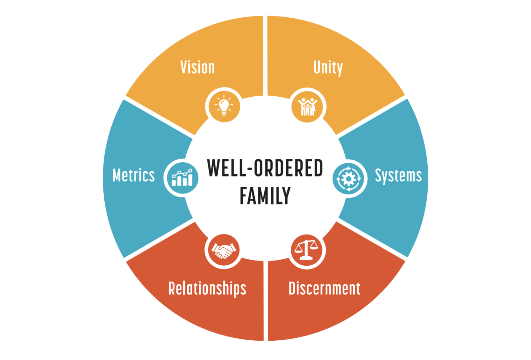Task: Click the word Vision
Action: tap(197, 67)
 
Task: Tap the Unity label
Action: tap(328, 67)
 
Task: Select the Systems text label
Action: tap(398, 176)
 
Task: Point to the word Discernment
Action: tap(324, 288)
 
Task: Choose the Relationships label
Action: tap(207, 288)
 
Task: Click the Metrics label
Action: tap(134, 176)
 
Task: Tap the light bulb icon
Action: tap(224, 105)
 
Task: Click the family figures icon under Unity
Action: tap(307, 106)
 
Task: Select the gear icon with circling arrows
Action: tap(349, 179)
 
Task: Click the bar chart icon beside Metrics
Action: tap(182, 178)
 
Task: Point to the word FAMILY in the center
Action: tap(265, 196)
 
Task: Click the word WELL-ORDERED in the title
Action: tap(265, 168)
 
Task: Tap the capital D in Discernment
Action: tap(293, 288)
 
